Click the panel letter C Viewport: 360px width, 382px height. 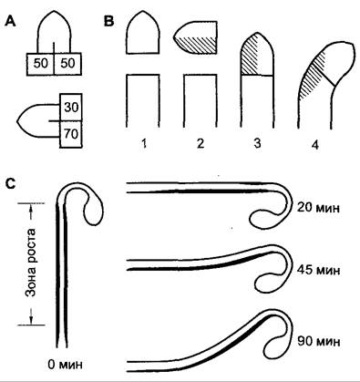point(11,183)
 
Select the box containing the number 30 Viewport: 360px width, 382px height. point(71,108)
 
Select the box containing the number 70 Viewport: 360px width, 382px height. point(71,134)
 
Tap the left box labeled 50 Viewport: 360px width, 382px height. point(40,64)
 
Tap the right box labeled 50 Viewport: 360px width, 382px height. point(67,64)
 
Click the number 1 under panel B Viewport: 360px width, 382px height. point(144,143)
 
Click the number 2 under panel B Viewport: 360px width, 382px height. point(200,143)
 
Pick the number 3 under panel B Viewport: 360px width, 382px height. point(257,143)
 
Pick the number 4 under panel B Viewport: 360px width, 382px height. point(315,145)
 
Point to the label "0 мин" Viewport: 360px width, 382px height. point(65,364)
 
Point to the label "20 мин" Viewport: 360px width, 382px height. point(318,208)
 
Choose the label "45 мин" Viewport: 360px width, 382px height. point(318,270)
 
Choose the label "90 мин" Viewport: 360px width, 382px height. point(318,341)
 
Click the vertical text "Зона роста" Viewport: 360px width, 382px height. point(30,263)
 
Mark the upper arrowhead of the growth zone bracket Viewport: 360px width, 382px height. point(31,207)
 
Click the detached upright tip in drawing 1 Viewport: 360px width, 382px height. point(142,32)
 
